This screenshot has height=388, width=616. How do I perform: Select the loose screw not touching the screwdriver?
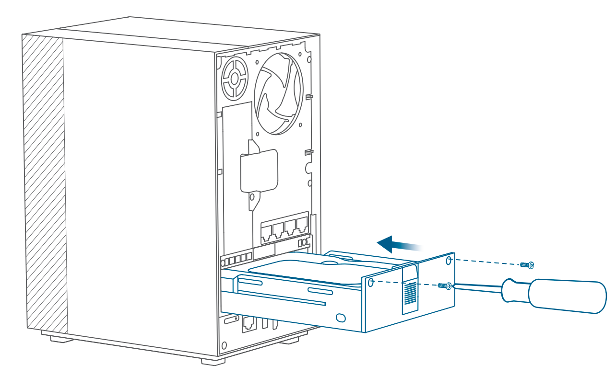pyautogui.click(x=527, y=264)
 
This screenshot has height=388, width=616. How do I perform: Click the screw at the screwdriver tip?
pyautogui.click(x=444, y=286)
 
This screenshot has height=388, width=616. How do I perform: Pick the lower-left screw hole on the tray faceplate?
pyautogui.click(x=371, y=283)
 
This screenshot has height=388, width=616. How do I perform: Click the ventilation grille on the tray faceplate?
pyautogui.click(x=410, y=293)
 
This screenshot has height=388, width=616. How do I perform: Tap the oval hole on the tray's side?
pyautogui.click(x=341, y=317)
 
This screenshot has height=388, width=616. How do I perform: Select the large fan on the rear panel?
pyautogui.click(x=278, y=93)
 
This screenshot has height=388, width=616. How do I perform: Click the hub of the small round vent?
pyautogui.click(x=235, y=78)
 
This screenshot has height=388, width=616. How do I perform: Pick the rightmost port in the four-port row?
pyautogui.click(x=302, y=225)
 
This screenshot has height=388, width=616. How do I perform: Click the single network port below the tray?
pyautogui.click(x=249, y=325)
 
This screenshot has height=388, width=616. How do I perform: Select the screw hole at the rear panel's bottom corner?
pyautogui.click(x=224, y=345)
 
